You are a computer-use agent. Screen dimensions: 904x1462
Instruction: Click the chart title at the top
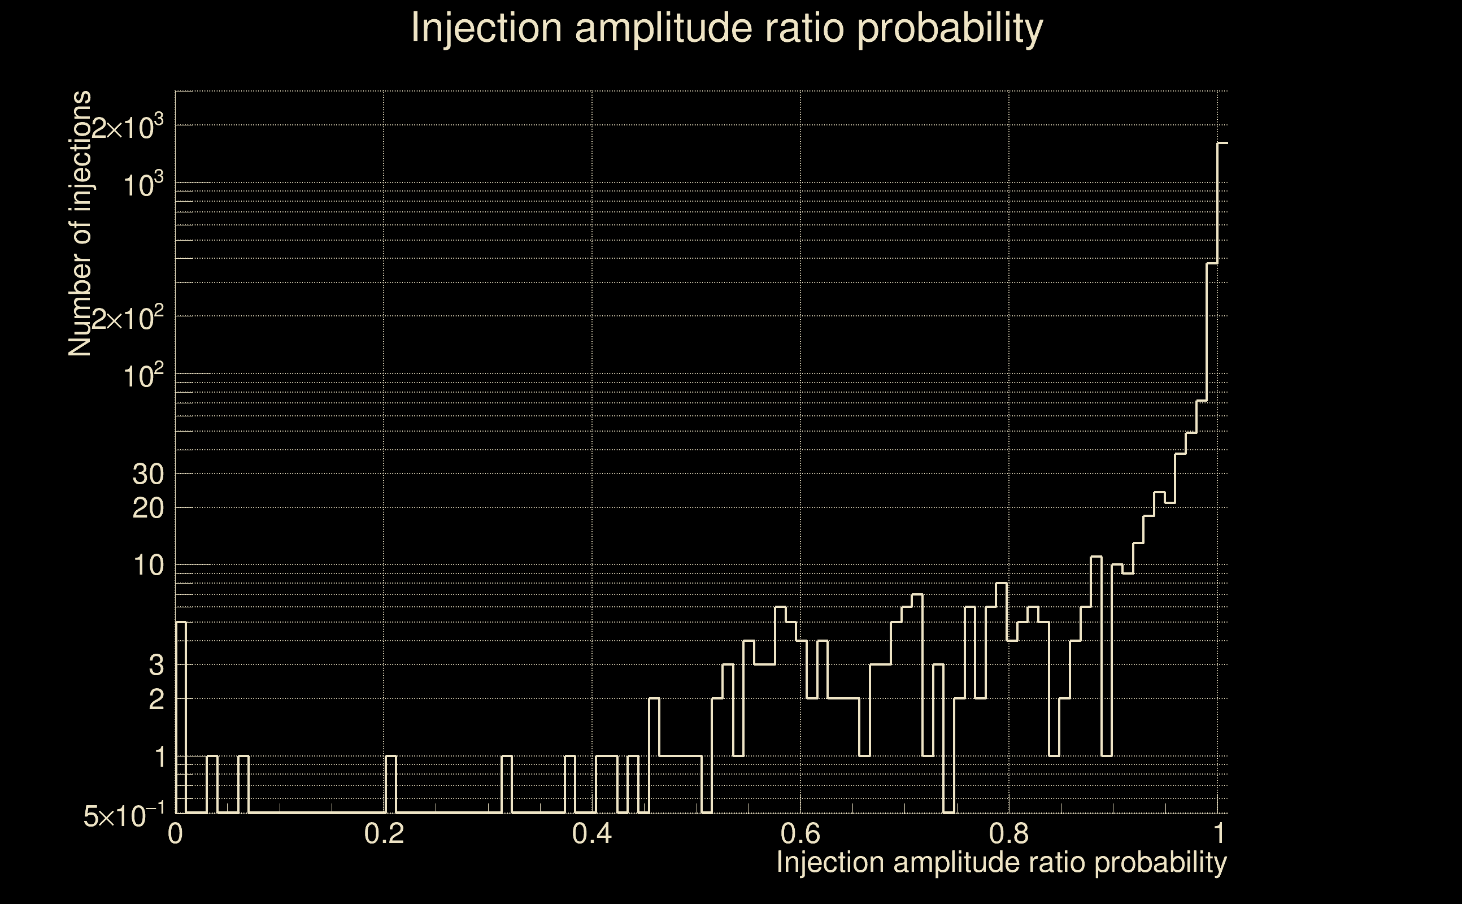(727, 28)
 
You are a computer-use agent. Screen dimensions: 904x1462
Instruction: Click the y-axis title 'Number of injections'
(80, 224)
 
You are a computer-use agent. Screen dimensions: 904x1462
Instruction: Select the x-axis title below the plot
(1001, 863)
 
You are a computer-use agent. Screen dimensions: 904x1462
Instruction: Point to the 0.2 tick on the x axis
(384, 833)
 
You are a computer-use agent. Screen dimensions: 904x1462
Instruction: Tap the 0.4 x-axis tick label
(591, 833)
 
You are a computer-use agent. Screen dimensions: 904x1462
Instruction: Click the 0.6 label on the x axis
(800, 833)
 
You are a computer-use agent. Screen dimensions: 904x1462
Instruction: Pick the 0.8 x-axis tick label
(1009, 833)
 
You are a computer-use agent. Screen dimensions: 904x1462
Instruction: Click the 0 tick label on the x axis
(175, 833)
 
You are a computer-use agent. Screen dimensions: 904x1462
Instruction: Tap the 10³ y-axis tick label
(143, 185)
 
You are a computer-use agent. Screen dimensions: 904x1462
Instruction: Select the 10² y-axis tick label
(143, 376)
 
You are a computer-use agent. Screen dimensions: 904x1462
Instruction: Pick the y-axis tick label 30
(147, 475)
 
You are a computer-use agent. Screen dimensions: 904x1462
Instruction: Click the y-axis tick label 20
(147, 509)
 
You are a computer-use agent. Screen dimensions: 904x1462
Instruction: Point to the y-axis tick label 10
(148, 566)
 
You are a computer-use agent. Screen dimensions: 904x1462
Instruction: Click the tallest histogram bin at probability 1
(1222, 479)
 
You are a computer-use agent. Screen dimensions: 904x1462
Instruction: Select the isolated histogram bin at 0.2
(391, 784)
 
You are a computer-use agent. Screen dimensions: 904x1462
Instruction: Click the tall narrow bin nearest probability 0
(182, 718)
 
